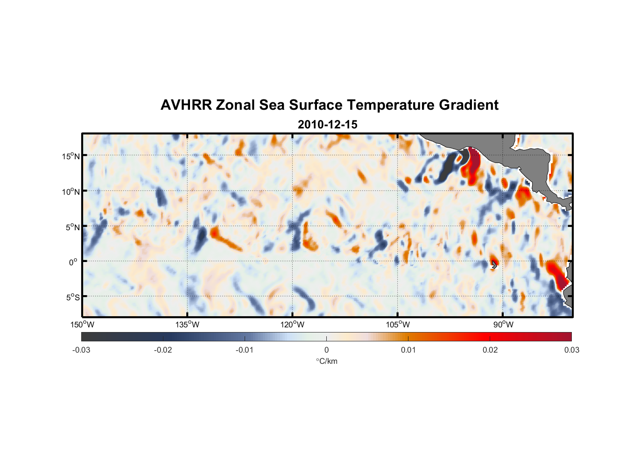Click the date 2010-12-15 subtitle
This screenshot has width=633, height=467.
(x=327, y=125)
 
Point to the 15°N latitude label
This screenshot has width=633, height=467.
(x=70, y=156)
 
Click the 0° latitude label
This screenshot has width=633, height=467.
(x=73, y=262)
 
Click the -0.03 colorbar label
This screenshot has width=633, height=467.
(x=81, y=350)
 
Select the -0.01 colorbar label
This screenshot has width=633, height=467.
(x=245, y=350)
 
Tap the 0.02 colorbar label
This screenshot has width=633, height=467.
(x=490, y=350)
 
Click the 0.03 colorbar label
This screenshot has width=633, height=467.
(x=571, y=350)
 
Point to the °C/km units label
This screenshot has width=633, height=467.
(x=327, y=361)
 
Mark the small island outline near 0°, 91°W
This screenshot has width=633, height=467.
(x=494, y=265)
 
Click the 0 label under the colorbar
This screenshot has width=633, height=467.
(x=326, y=350)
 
